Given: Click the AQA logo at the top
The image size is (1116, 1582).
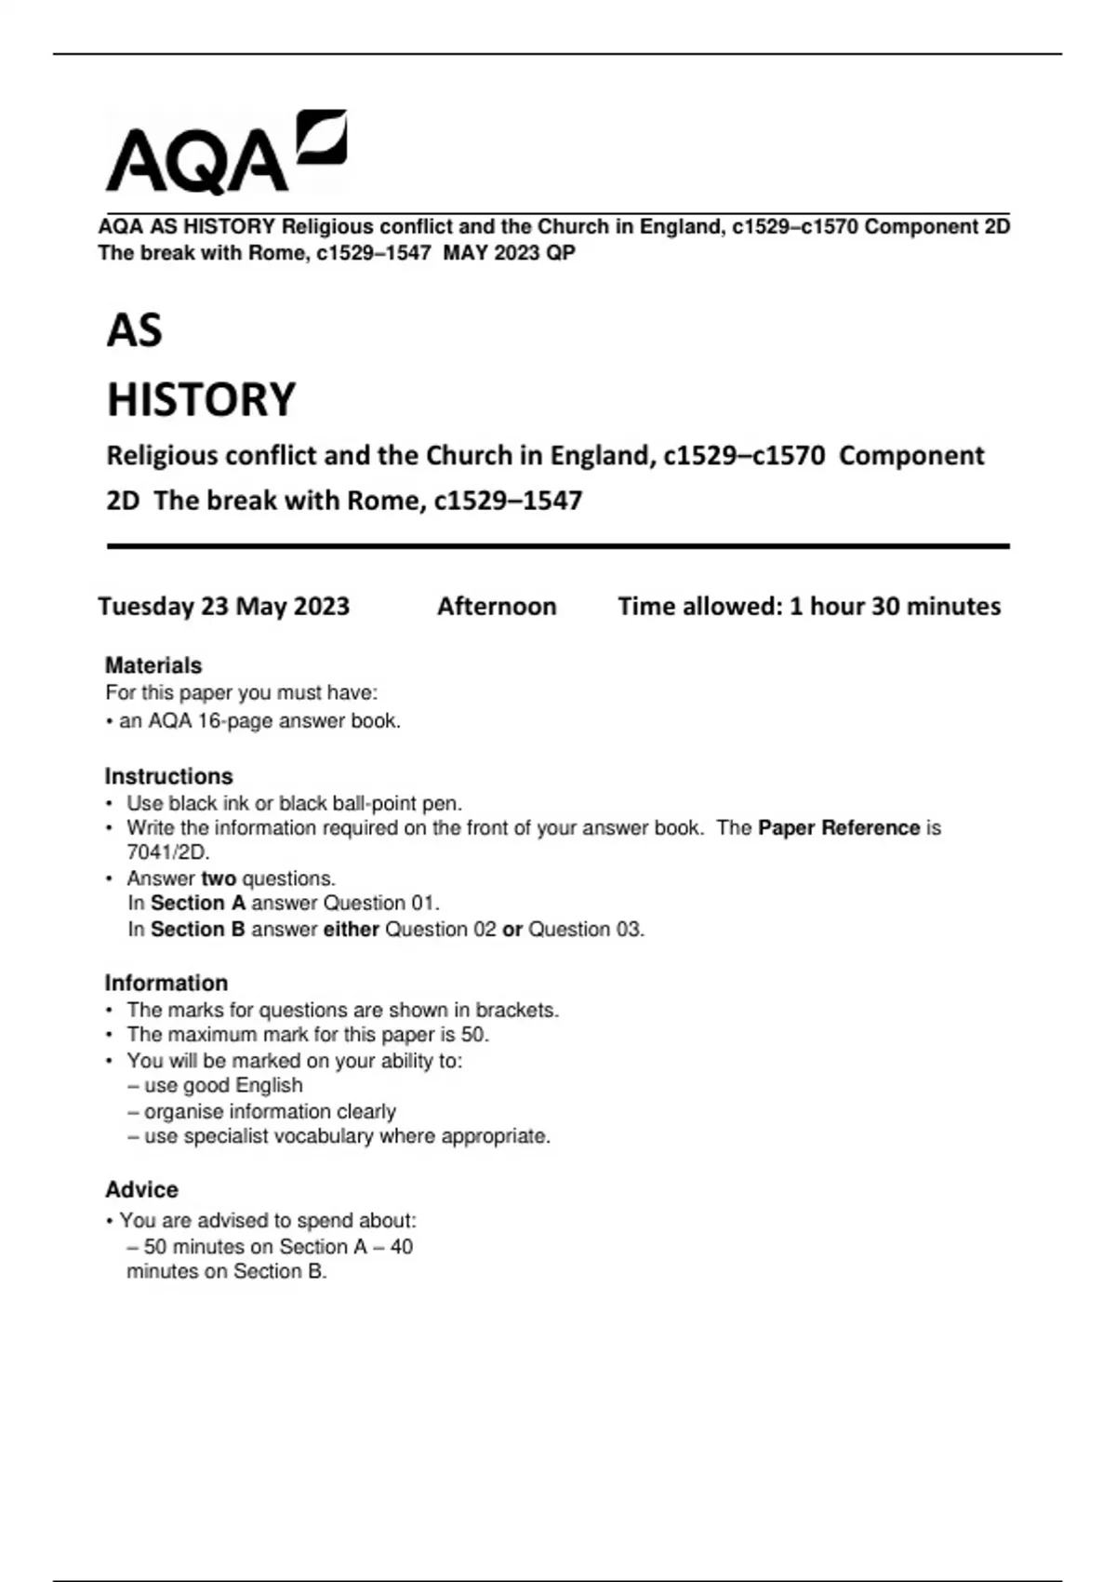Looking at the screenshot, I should coord(226,154).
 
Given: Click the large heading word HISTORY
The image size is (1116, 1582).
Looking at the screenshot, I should coord(201,399).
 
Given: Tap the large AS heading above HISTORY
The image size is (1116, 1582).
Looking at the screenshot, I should coord(135,330).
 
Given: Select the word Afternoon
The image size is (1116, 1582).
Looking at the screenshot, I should coord(497,607).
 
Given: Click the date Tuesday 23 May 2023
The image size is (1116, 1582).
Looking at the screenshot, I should coord(224,607).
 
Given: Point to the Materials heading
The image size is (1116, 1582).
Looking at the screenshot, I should coord(153,665).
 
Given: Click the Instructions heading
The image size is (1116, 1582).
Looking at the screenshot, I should coord(168,776).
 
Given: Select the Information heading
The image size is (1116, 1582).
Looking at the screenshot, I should coord(166,983).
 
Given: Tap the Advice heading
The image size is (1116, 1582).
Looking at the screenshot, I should coord(141,1189).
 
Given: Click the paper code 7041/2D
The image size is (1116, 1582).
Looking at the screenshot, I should coord(168,852).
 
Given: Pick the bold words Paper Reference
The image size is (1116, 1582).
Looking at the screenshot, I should coord(839,828).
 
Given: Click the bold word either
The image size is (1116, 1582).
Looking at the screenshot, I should coord(351,929).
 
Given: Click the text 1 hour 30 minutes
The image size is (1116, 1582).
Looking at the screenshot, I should coord(895,607).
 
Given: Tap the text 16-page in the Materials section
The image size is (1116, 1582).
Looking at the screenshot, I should coord(235,721).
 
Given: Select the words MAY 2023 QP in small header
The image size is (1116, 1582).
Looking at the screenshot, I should coord(509,253).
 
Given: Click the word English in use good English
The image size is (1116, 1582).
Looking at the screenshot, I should coord(269,1085).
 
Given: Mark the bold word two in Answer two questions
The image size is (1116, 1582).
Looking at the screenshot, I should coord(219,878).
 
